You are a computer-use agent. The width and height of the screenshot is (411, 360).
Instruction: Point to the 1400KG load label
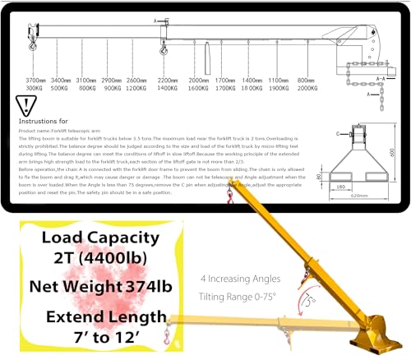coord(168,87)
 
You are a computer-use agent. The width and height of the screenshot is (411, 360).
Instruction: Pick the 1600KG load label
coord(197,87)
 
